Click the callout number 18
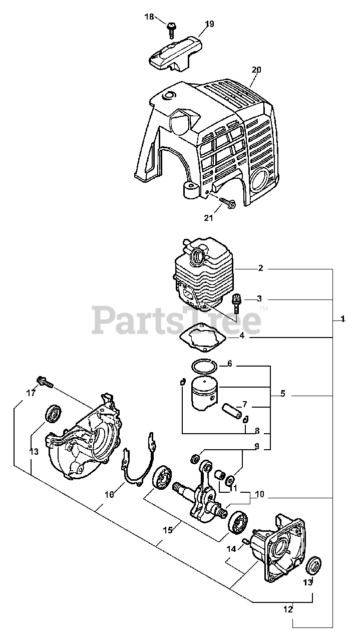(150, 17)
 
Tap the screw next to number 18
(171, 29)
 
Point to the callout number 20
(256, 70)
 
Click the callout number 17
(31, 393)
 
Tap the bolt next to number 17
(44, 383)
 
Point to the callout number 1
(342, 319)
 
